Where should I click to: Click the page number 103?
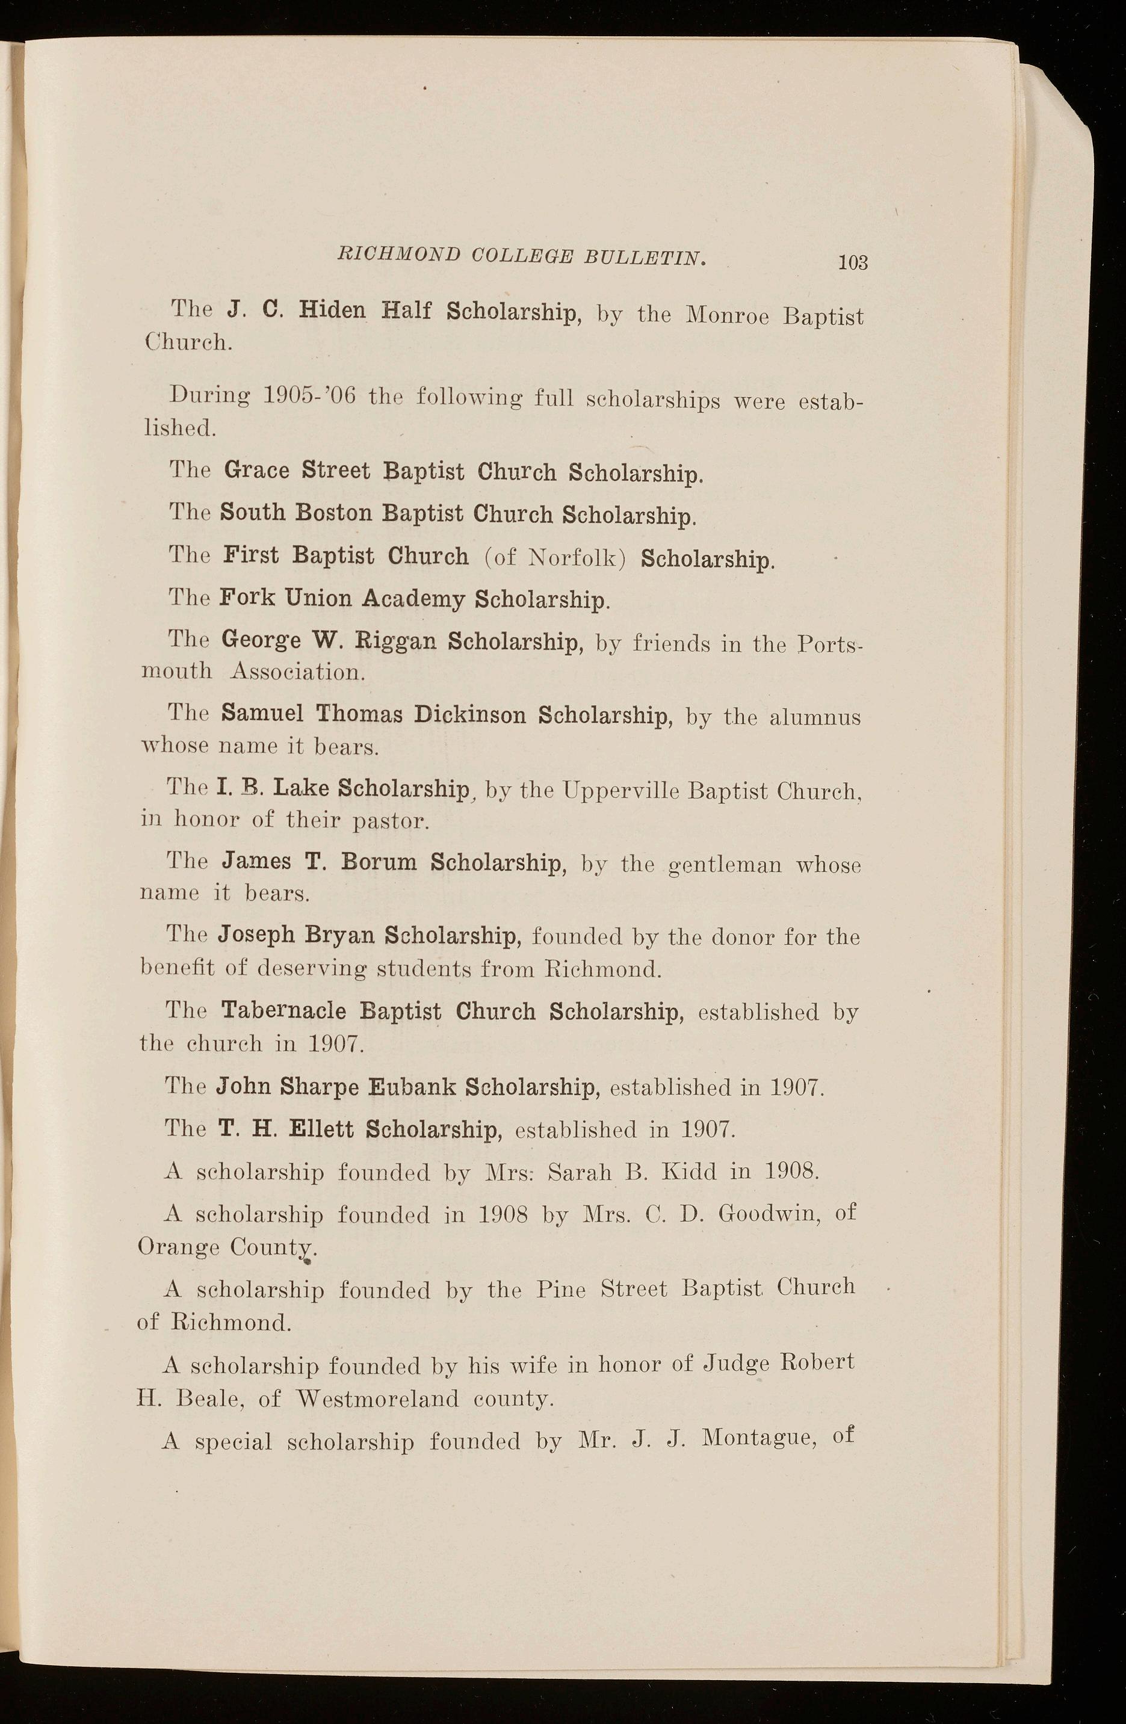[853, 262]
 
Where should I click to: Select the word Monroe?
[727, 316]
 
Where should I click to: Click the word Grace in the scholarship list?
[256, 470]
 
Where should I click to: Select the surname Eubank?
[412, 1087]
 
